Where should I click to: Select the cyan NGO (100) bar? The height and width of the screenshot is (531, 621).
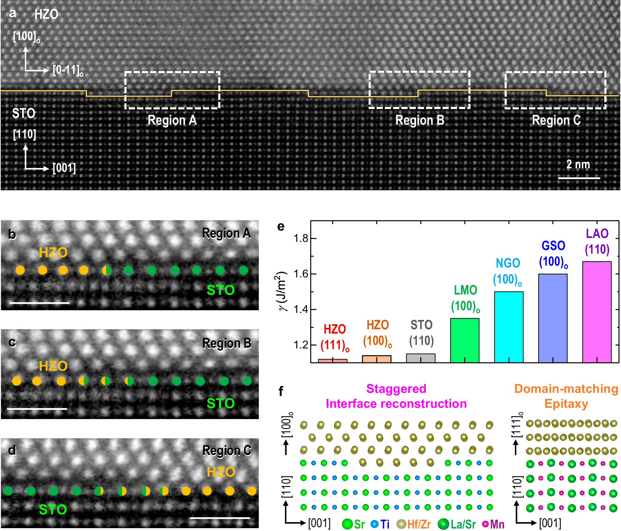[509, 327]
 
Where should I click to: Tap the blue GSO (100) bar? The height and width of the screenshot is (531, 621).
[553, 318]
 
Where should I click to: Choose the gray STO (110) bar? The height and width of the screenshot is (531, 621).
[421, 358]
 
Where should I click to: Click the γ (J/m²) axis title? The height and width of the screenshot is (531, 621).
[282, 291]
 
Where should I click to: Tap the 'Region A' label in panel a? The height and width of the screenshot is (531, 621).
[172, 120]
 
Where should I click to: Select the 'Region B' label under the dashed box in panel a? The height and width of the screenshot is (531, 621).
[420, 120]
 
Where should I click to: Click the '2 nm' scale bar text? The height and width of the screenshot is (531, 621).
[578, 164]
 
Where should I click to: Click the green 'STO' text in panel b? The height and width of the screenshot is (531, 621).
[221, 290]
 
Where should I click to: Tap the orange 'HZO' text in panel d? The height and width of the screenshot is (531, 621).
[221, 472]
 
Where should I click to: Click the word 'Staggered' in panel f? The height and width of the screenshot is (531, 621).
[396, 389]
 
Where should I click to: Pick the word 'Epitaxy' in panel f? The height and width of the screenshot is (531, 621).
[566, 404]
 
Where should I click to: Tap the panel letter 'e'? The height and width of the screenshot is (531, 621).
[281, 226]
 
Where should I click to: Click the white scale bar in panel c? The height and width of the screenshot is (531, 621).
[37, 409]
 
